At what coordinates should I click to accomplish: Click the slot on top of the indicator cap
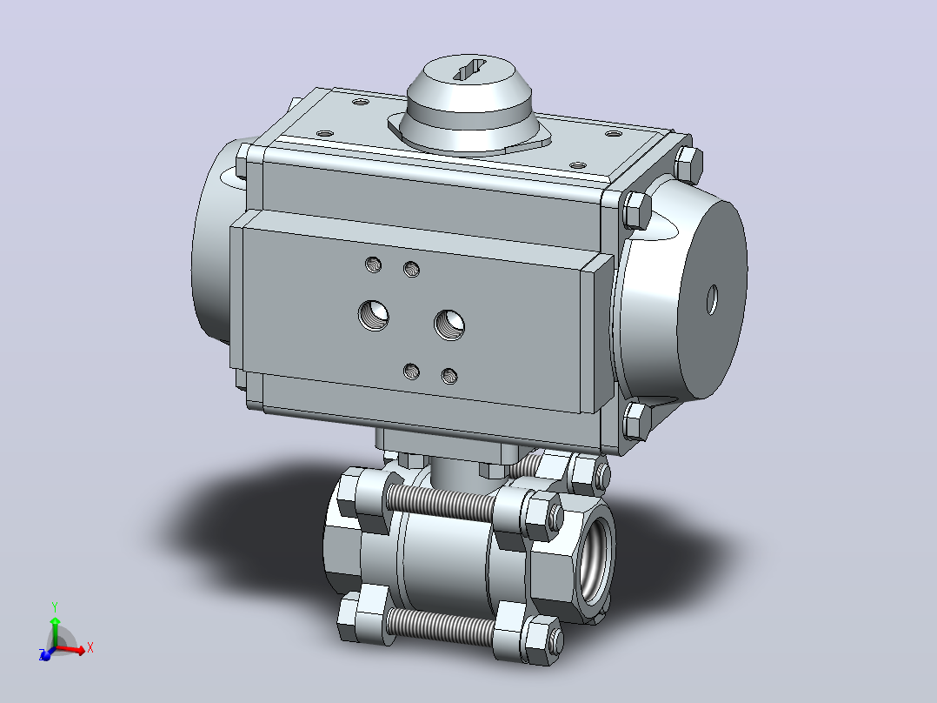[470, 70]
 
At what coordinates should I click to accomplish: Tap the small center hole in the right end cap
[712, 300]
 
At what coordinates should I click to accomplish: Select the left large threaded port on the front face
[374, 315]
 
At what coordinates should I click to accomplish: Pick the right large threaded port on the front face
[449, 325]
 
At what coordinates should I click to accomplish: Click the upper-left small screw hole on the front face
[374, 264]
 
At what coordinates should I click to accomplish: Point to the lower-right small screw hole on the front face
[449, 377]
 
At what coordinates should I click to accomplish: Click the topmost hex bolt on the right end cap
[688, 164]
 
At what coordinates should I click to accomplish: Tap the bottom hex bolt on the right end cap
[636, 421]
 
